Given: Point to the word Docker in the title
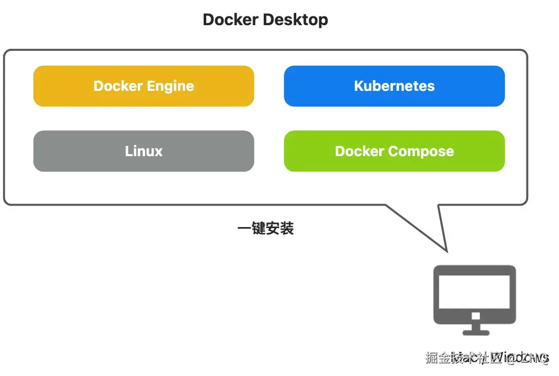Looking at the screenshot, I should click(231, 20).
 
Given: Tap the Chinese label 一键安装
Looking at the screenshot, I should click(265, 229).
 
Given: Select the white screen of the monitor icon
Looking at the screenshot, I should click(475, 291).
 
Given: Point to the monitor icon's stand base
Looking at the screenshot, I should click(476, 332).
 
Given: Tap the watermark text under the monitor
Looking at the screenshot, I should click(486, 358).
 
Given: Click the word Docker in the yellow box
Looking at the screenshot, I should click(117, 86).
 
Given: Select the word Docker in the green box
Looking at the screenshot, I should click(359, 152).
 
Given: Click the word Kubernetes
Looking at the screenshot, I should click(394, 86).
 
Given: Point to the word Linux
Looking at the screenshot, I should click(143, 152).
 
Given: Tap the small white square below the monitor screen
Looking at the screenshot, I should click(475, 315).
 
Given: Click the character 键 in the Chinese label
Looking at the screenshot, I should click(259, 229).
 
